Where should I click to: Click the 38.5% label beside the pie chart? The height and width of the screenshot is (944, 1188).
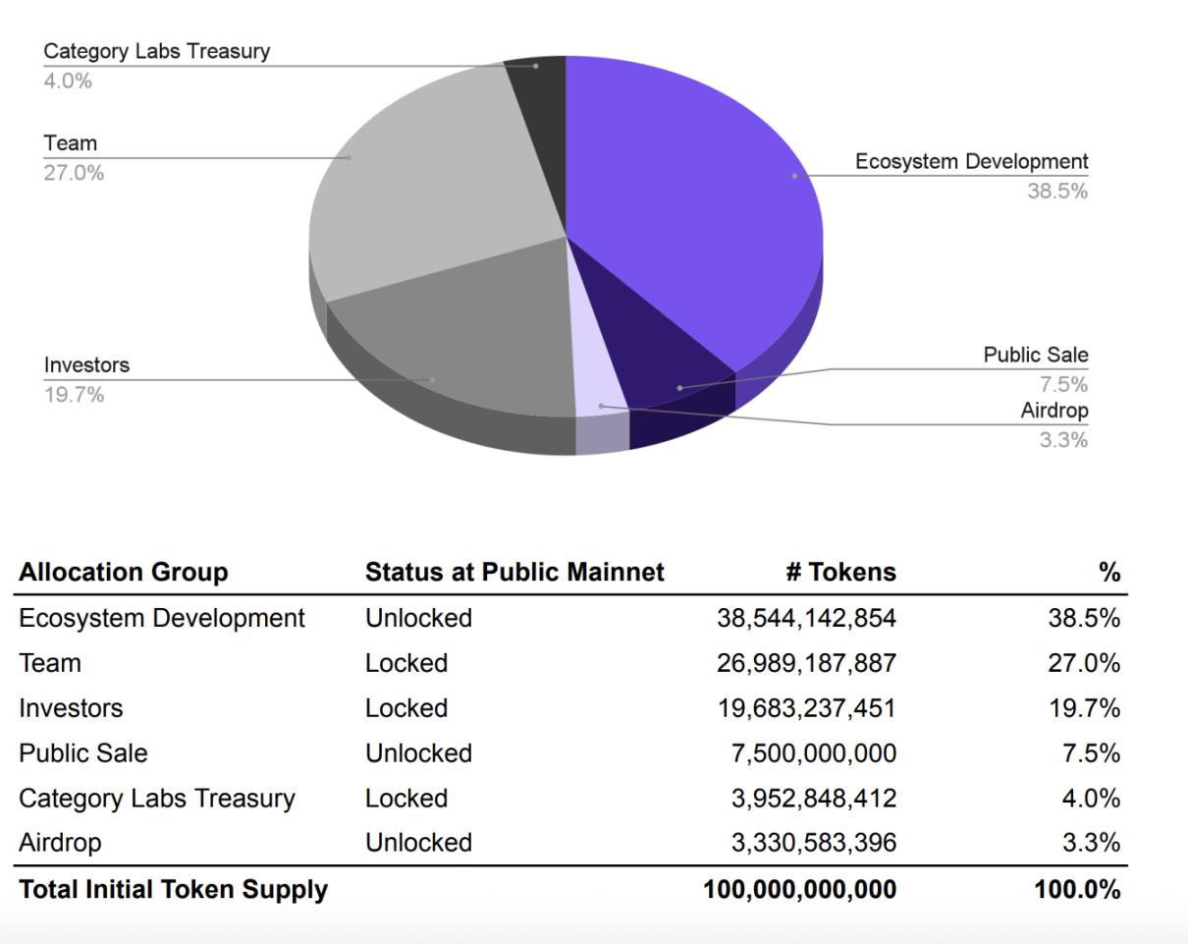(x=1056, y=192)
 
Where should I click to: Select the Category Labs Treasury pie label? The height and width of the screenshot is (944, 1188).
(x=156, y=51)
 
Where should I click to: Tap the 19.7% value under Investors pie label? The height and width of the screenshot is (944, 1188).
(x=74, y=395)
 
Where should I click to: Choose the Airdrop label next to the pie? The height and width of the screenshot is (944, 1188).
(x=1053, y=411)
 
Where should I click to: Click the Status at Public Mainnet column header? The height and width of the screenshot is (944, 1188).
(x=514, y=572)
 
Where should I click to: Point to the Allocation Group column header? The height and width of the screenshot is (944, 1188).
(x=124, y=572)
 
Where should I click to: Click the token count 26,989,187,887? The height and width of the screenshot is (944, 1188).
(x=806, y=663)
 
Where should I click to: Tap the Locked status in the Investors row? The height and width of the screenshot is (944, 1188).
(x=405, y=708)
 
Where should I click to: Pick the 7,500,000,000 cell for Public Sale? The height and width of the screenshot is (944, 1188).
(x=813, y=753)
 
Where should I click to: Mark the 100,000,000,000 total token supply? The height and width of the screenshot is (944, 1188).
(x=799, y=890)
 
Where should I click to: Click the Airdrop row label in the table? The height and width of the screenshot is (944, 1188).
(x=60, y=843)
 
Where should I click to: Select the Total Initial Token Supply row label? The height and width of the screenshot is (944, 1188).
(x=173, y=890)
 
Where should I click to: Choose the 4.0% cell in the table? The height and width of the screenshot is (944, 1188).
(x=1091, y=799)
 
